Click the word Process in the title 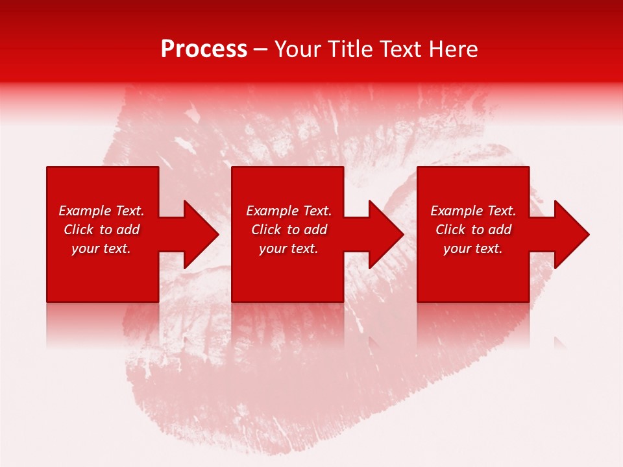[x=204, y=49]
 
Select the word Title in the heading [x=352, y=49]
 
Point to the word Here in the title [x=454, y=49]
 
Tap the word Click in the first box [x=79, y=230]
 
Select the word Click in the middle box [x=267, y=230]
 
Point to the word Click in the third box [x=451, y=230]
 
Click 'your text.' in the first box [x=101, y=248]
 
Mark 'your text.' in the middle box [x=289, y=248]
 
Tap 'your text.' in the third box [x=473, y=248]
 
